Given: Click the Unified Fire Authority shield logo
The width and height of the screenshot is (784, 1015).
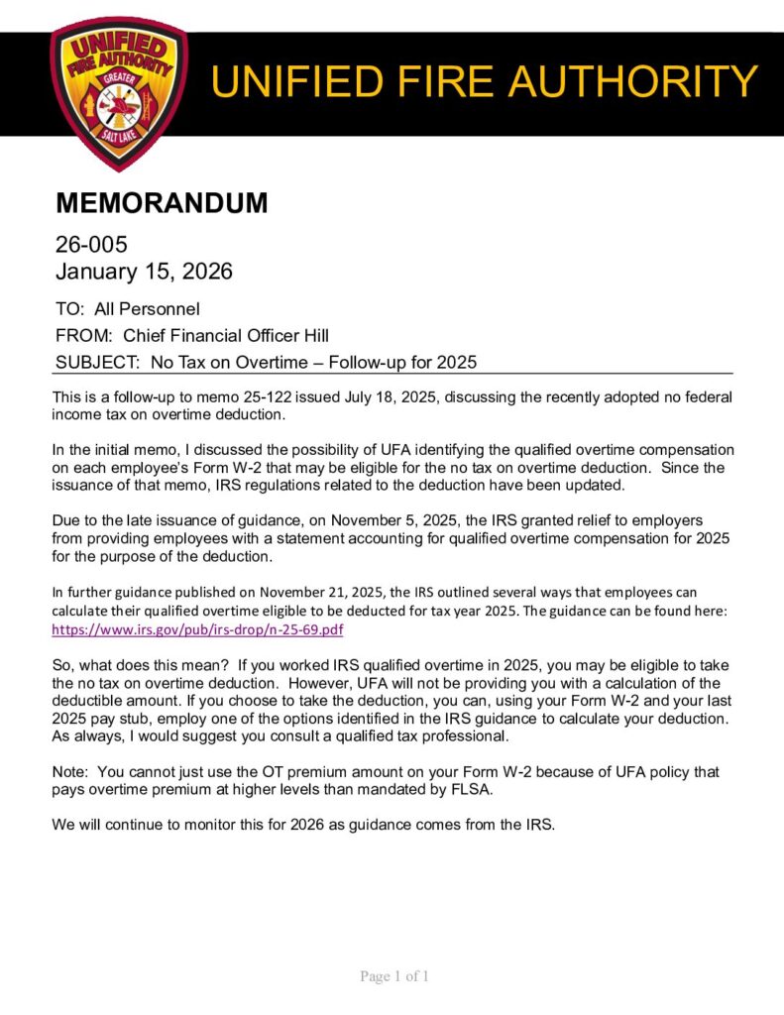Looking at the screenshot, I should pos(118,91).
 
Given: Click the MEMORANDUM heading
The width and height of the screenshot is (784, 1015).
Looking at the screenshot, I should pos(162,203).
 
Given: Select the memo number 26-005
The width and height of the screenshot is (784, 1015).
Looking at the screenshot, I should pos(91,244).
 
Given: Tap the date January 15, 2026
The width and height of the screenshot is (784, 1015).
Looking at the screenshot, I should pos(144,270).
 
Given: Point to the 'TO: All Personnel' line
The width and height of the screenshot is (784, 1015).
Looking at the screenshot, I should pos(127,309).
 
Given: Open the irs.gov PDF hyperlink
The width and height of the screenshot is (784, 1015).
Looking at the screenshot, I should pos(197,629).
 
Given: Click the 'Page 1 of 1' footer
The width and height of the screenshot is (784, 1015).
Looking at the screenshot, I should pos(393,976).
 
